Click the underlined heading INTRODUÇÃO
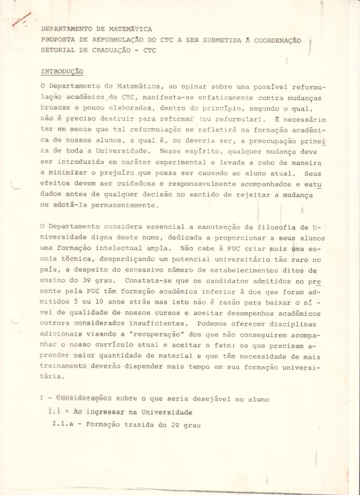tap(62, 71)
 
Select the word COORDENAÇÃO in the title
tap(277, 40)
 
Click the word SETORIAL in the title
tap(58, 50)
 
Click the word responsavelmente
tap(202, 184)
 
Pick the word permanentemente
tap(125, 205)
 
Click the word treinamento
tap(62, 366)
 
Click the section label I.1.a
tap(63, 424)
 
